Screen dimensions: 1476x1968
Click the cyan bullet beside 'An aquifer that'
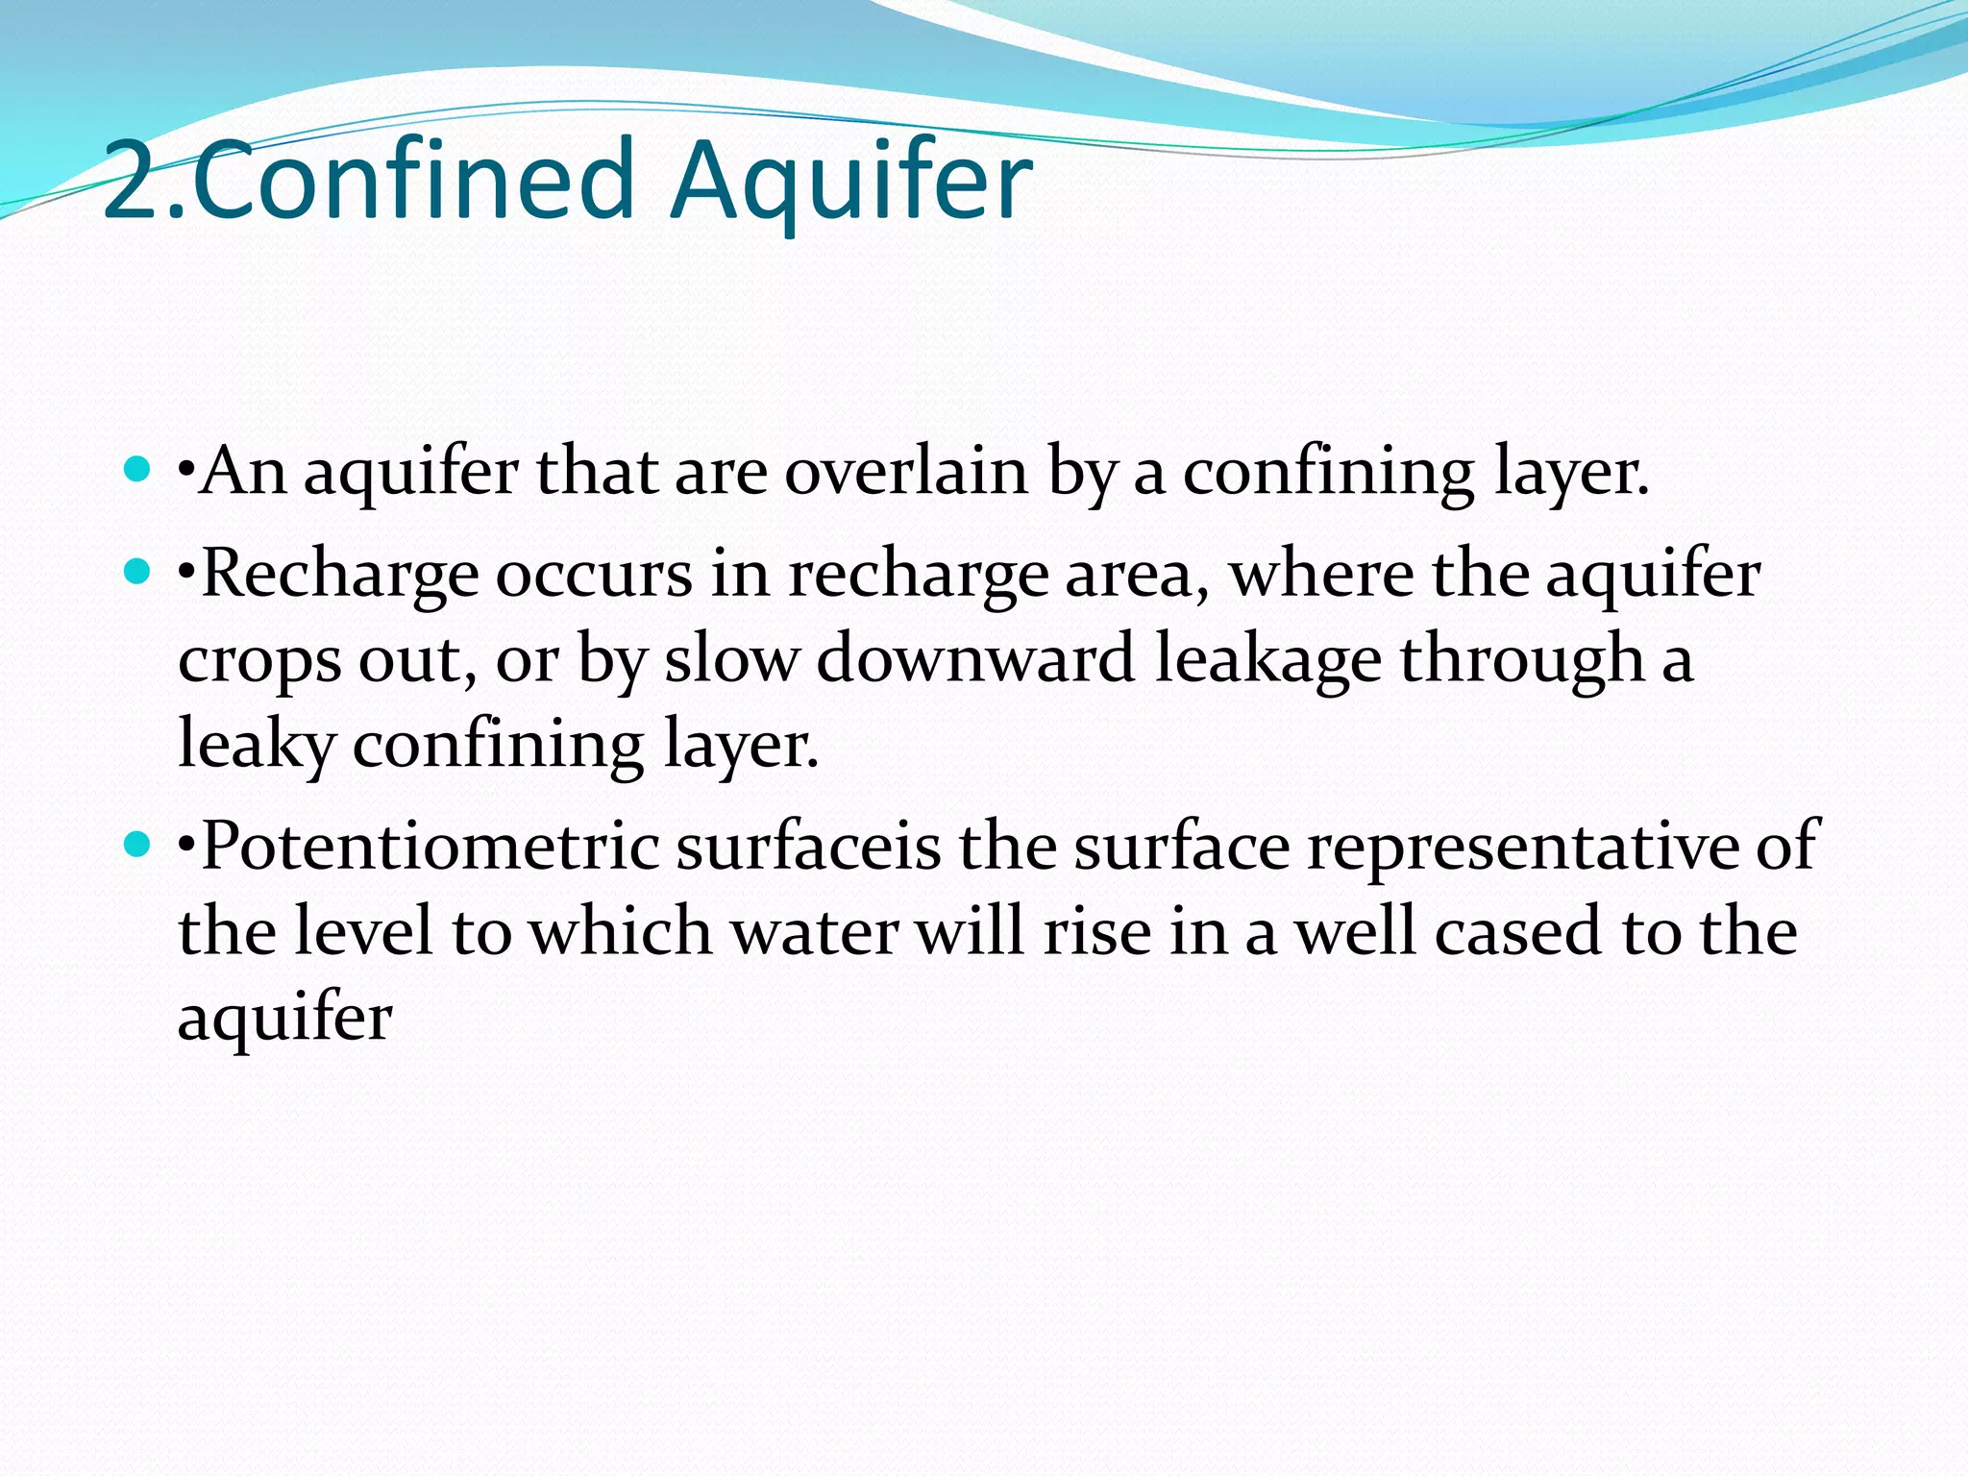(x=138, y=470)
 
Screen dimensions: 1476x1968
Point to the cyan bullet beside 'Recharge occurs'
(x=138, y=573)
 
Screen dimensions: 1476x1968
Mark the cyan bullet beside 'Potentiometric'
(x=138, y=845)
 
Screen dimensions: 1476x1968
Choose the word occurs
(x=594, y=575)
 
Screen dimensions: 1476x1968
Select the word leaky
(x=257, y=745)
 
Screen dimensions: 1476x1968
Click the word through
(x=1522, y=661)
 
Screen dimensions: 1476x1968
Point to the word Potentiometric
(x=430, y=847)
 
